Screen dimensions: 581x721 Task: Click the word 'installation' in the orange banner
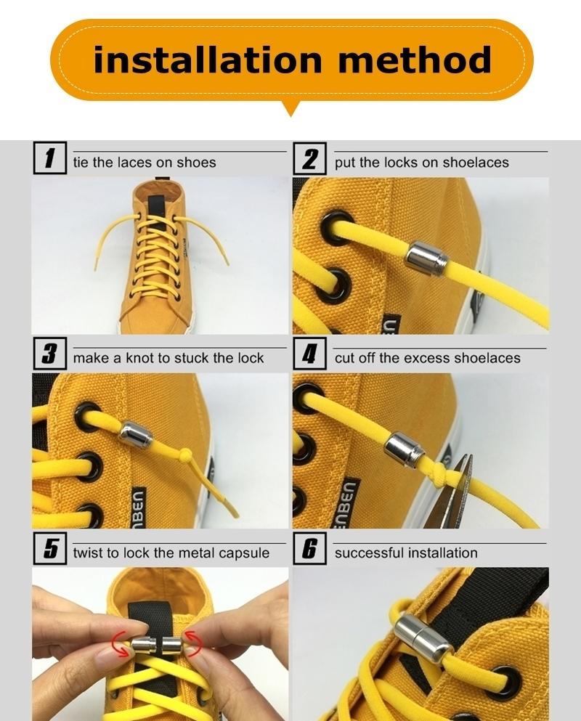(x=208, y=60)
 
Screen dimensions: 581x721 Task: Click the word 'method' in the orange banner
(x=415, y=60)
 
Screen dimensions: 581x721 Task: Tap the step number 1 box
(x=49, y=158)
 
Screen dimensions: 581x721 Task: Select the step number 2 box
(x=310, y=158)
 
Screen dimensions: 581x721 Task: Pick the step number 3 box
(x=49, y=354)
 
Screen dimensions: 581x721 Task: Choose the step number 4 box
(x=310, y=354)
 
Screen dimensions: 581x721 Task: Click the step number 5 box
(x=49, y=549)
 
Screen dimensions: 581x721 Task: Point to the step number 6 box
(x=310, y=549)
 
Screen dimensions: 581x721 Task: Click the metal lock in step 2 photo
(x=426, y=259)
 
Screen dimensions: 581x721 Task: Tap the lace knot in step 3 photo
(x=184, y=455)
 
